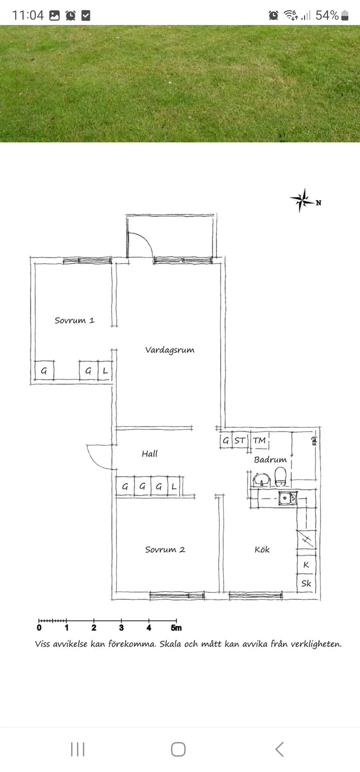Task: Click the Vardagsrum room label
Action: [170, 350]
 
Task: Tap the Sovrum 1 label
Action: [75, 320]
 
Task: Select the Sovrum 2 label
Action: [165, 550]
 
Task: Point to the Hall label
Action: [149, 454]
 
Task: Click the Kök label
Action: [262, 549]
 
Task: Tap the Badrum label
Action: [270, 460]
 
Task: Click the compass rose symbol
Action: [302, 200]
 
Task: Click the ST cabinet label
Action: [240, 440]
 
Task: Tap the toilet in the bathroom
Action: [281, 476]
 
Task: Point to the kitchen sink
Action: [288, 498]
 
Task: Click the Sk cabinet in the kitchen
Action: [306, 583]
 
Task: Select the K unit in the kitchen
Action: [306, 565]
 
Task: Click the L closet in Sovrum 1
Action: [105, 370]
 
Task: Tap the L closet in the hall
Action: [174, 487]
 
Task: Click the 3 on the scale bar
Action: [121, 628]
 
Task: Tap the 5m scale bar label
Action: [176, 628]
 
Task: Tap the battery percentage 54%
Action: [327, 15]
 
